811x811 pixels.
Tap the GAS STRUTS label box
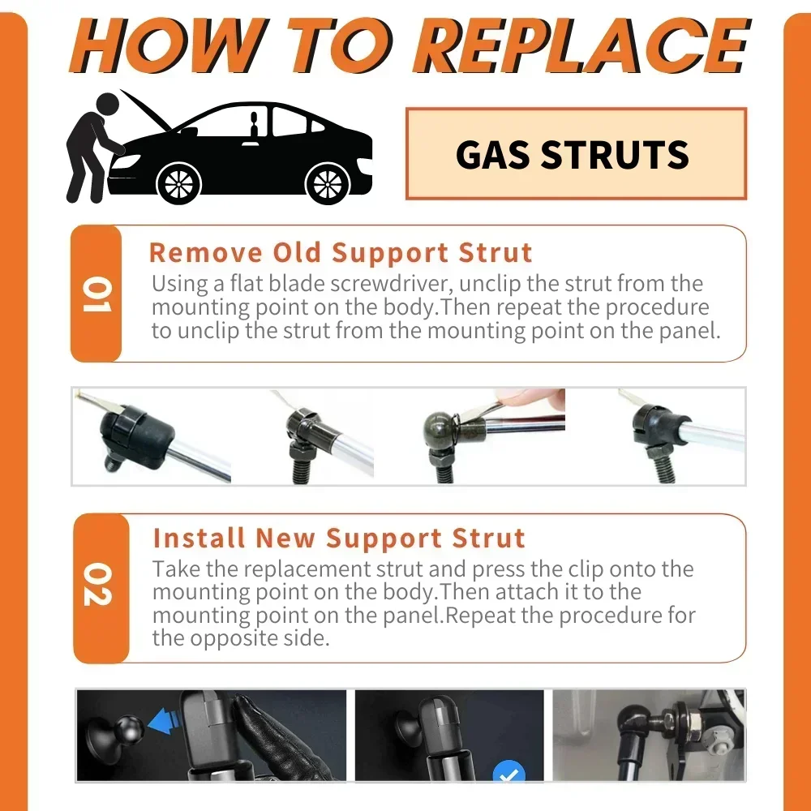575,154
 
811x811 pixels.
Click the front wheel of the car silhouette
178,182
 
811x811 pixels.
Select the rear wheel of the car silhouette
327,182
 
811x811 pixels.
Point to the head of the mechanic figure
107,105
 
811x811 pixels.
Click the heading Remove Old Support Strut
341,252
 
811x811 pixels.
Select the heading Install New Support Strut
339,538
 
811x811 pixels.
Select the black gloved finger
260,730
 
